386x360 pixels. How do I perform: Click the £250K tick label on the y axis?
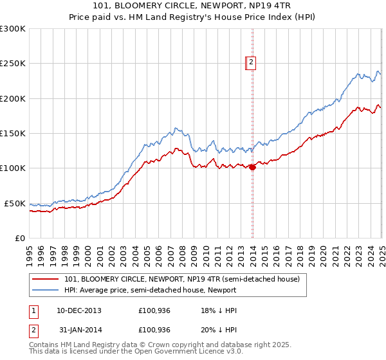12,64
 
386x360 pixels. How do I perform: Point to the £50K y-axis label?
14,203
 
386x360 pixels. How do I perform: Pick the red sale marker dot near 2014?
252,168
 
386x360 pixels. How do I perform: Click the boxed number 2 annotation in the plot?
252,62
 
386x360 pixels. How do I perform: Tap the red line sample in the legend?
45,280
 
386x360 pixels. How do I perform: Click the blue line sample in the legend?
45,291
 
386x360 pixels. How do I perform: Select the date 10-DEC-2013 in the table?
79,310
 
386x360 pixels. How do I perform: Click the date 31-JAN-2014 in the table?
79,330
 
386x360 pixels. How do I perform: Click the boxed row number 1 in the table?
33,310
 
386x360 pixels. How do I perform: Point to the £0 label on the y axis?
19,238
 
